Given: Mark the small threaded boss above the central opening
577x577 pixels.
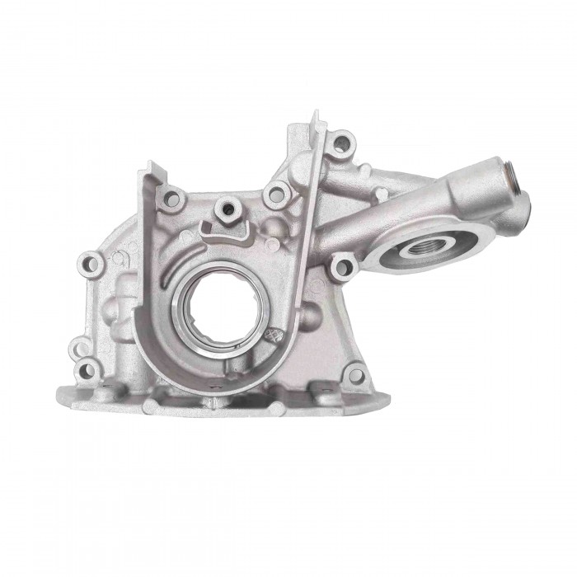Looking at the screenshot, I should [223, 208].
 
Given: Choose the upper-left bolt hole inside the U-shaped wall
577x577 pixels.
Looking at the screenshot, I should [173, 198].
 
